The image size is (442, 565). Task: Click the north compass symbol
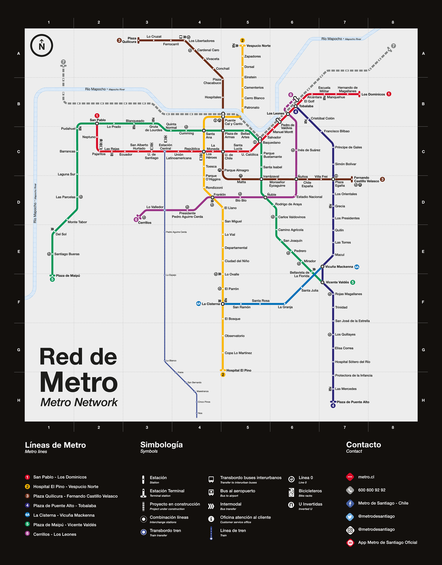pos(42,46)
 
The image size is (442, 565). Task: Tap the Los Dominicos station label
pos(373,94)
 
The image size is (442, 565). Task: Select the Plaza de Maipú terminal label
pos(68,276)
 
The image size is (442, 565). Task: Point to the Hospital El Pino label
pos(239,370)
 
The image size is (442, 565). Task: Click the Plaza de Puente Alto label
pos(353,402)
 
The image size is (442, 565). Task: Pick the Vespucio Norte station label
pos(258,46)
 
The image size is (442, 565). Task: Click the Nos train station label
pos(200,413)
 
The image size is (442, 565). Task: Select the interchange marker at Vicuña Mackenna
pos(322,266)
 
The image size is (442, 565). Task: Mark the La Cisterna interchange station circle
pos(222,304)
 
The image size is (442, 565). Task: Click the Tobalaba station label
pos(306,106)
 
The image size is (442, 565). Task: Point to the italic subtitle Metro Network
pos(79,402)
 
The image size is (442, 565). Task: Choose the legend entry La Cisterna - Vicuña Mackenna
pos(64,515)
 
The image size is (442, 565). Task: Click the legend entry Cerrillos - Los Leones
pos(55,534)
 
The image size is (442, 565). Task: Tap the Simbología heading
pos(161,445)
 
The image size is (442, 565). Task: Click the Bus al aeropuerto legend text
pos(238,491)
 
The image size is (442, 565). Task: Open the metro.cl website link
pos(366,477)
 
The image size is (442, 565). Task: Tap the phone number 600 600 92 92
pos(372,490)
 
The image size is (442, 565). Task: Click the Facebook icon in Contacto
pos(350,503)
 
